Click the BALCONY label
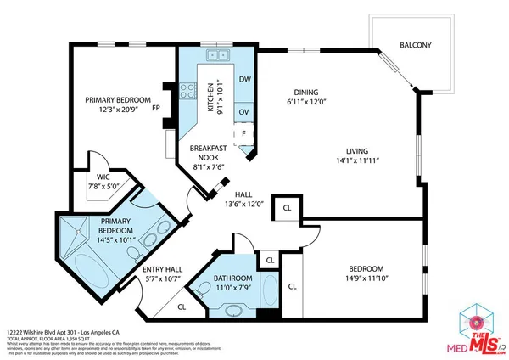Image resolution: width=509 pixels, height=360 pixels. (x=416, y=46)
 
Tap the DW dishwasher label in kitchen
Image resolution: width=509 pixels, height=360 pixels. (x=244, y=80)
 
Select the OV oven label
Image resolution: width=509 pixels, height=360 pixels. (x=244, y=111)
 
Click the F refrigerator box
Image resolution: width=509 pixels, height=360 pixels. (x=244, y=134)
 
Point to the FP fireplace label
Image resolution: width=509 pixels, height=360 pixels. (x=156, y=109)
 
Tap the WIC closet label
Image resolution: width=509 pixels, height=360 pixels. (x=105, y=177)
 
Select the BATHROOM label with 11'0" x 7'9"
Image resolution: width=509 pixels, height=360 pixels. (x=232, y=283)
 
